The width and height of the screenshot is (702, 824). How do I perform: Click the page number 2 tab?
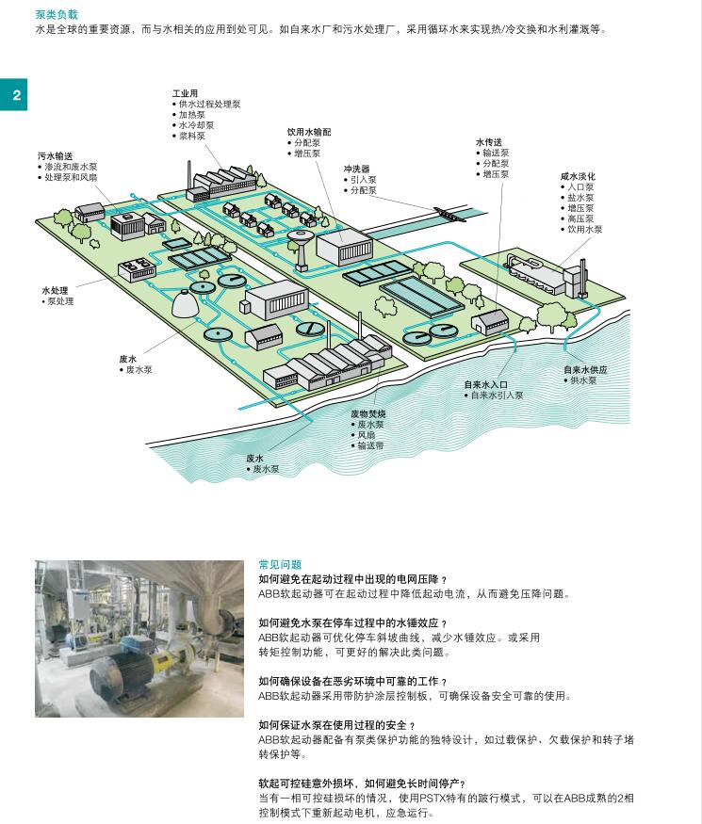coord(14,94)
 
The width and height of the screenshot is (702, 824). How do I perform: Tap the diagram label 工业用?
coord(185,93)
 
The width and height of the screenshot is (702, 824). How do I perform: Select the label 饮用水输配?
coord(309,132)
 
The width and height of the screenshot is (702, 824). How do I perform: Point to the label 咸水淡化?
coord(578,177)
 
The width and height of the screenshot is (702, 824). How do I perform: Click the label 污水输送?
coord(56,156)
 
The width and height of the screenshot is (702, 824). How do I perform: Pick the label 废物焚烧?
coord(368,413)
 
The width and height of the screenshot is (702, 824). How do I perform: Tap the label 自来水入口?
coord(485,384)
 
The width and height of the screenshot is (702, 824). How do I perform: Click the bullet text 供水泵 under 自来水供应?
coord(583,380)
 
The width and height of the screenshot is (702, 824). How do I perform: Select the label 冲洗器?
coord(356,169)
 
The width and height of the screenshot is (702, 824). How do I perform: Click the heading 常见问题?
coord(280,564)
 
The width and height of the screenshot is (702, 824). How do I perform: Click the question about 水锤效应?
coord(352,623)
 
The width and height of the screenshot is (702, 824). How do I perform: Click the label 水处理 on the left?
coord(55,290)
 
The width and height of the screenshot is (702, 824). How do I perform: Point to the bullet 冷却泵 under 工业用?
coord(193,125)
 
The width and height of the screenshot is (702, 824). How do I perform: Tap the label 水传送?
coord(488,142)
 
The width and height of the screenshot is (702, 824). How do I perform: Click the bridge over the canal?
coord(450,215)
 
